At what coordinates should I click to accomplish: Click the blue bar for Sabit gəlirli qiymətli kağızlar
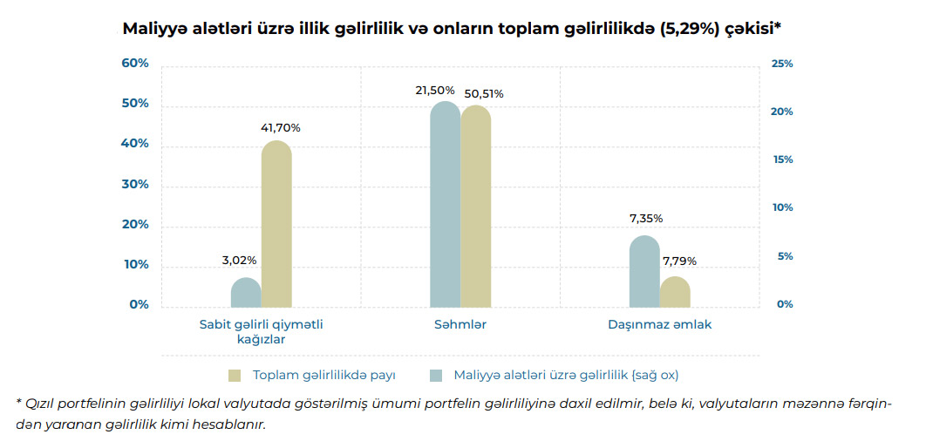point(246,294)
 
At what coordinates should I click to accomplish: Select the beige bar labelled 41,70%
point(276,225)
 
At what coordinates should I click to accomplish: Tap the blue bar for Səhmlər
point(446,206)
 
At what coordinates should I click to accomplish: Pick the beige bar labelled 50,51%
point(476,207)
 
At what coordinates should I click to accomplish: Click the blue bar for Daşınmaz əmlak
point(644,272)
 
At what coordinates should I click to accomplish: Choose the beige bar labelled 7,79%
point(675,293)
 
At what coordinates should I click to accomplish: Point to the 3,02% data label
point(239,260)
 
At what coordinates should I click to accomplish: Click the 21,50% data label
point(435,90)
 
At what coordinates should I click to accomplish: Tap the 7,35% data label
point(646,218)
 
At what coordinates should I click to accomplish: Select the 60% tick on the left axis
point(135,64)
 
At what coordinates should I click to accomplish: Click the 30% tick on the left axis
point(135,184)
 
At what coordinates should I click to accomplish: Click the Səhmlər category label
point(460,324)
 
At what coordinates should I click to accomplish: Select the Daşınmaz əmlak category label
point(660,324)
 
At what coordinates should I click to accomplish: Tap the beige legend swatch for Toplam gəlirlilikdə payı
point(235,376)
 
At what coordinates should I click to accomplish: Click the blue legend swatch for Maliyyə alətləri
point(436,376)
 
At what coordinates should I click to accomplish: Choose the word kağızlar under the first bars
point(262,339)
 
